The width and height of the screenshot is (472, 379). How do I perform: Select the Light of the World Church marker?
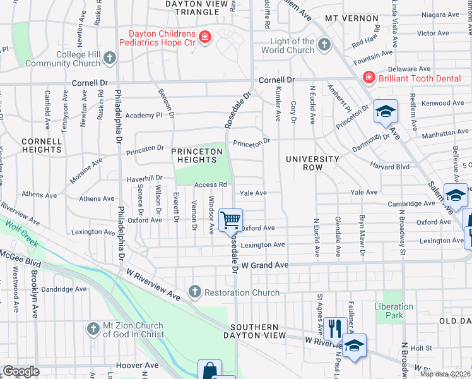(324, 44)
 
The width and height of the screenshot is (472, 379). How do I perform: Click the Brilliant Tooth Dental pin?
(369, 77)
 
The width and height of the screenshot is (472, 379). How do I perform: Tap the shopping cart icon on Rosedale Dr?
(231, 220)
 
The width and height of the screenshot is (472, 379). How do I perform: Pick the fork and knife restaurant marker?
(335, 328)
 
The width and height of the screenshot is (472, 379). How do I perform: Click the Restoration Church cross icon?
(195, 292)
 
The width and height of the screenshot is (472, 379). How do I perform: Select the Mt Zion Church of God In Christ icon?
(93, 329)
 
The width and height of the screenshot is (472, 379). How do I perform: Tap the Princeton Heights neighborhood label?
(197, 156)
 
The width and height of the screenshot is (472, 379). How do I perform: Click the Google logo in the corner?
(21, 371)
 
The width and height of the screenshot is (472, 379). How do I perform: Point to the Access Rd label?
(211, 184)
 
